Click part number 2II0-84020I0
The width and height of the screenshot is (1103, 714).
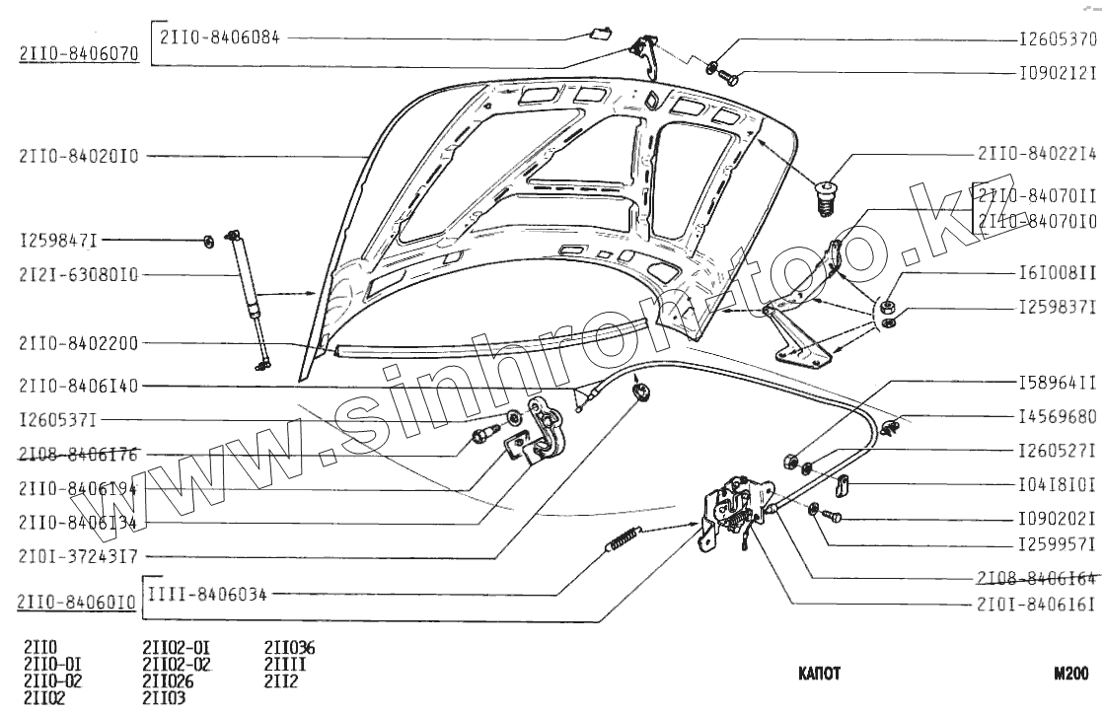(78, 155)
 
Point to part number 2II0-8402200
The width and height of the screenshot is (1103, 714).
(78, 343)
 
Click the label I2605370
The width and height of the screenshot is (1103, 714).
(1058, 41)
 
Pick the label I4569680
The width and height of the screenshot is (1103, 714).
(1058, 417)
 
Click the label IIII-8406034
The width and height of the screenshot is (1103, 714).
(207, 594)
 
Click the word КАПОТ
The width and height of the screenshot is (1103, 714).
(819, 675)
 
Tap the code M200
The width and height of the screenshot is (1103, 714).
(1070, 675)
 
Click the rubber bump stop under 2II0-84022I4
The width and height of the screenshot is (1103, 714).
(826, 200)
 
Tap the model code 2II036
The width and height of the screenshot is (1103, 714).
(289, 648)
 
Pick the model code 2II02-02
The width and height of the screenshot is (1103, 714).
(178, 664)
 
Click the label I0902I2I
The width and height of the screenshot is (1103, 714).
(1058, 74)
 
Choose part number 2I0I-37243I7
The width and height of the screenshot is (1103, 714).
(78, 555)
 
